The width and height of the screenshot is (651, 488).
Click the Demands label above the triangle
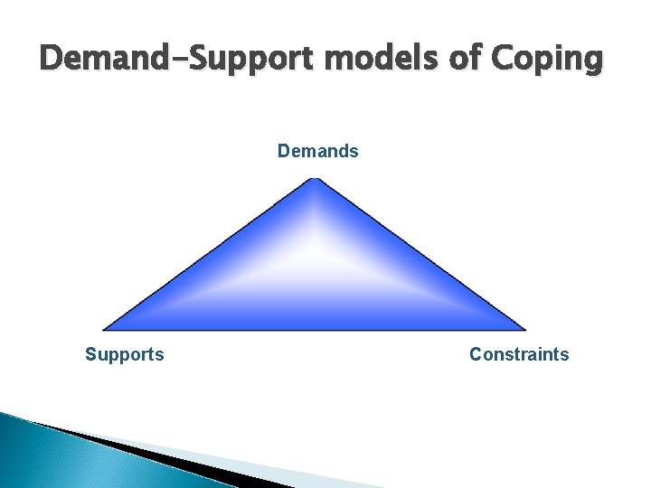[317, 151]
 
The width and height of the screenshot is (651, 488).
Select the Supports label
[125, 354]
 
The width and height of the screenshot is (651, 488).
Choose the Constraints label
[519, 354]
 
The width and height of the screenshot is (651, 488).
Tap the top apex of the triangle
[314, 181]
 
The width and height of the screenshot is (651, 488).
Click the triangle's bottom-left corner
[105, 328]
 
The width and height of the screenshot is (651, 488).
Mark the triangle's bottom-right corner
[524, 328]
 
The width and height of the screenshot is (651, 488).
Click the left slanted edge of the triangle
[209, 255]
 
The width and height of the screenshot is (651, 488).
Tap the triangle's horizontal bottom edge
[314, 329]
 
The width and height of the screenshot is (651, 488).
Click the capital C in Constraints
[476, 354]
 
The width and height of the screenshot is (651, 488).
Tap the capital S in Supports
[90, 354]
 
